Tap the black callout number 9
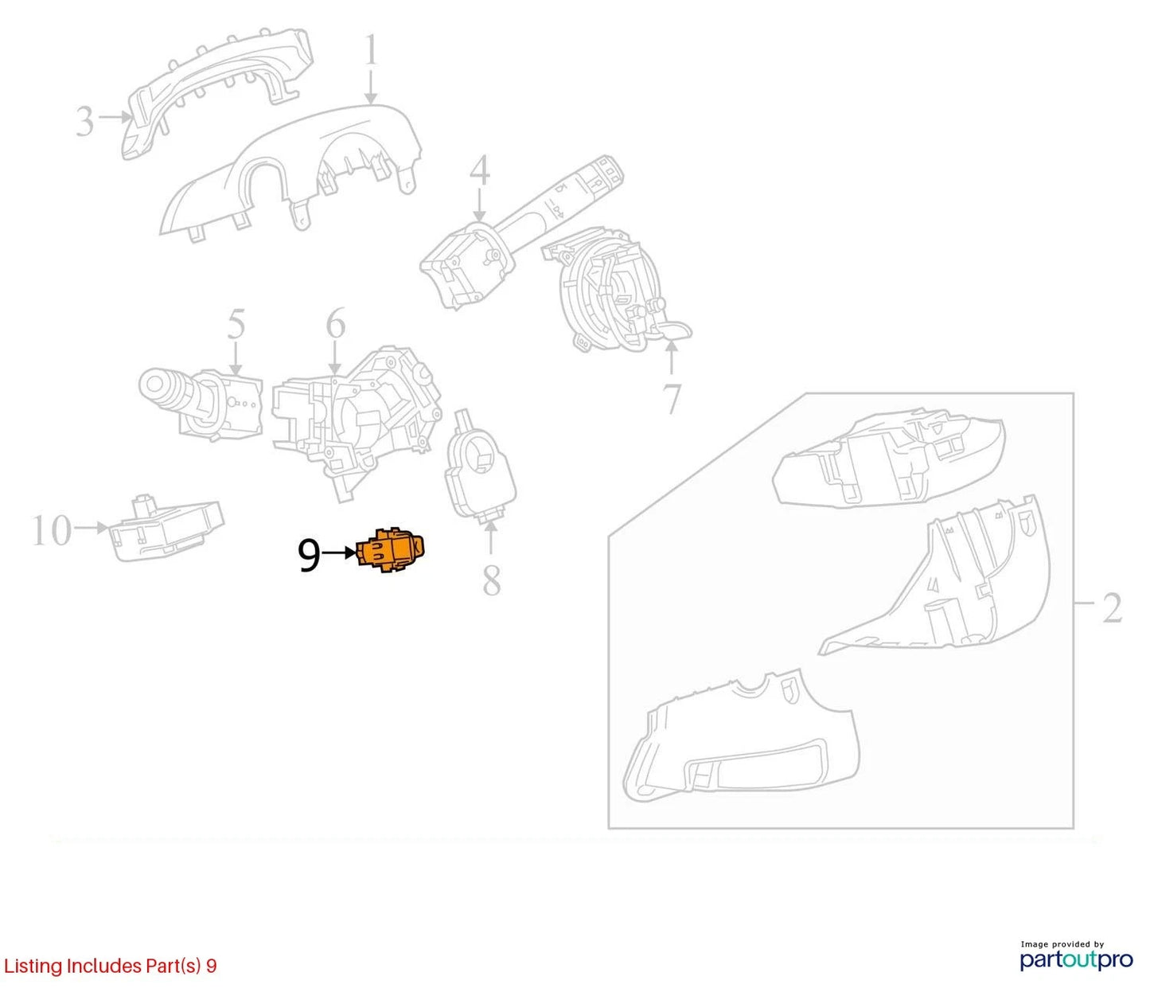[x=310, y=554]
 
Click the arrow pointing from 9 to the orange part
[x=339, y=553]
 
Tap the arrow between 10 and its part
[x=92, y=528]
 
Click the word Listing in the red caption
[x=33, y=966]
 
